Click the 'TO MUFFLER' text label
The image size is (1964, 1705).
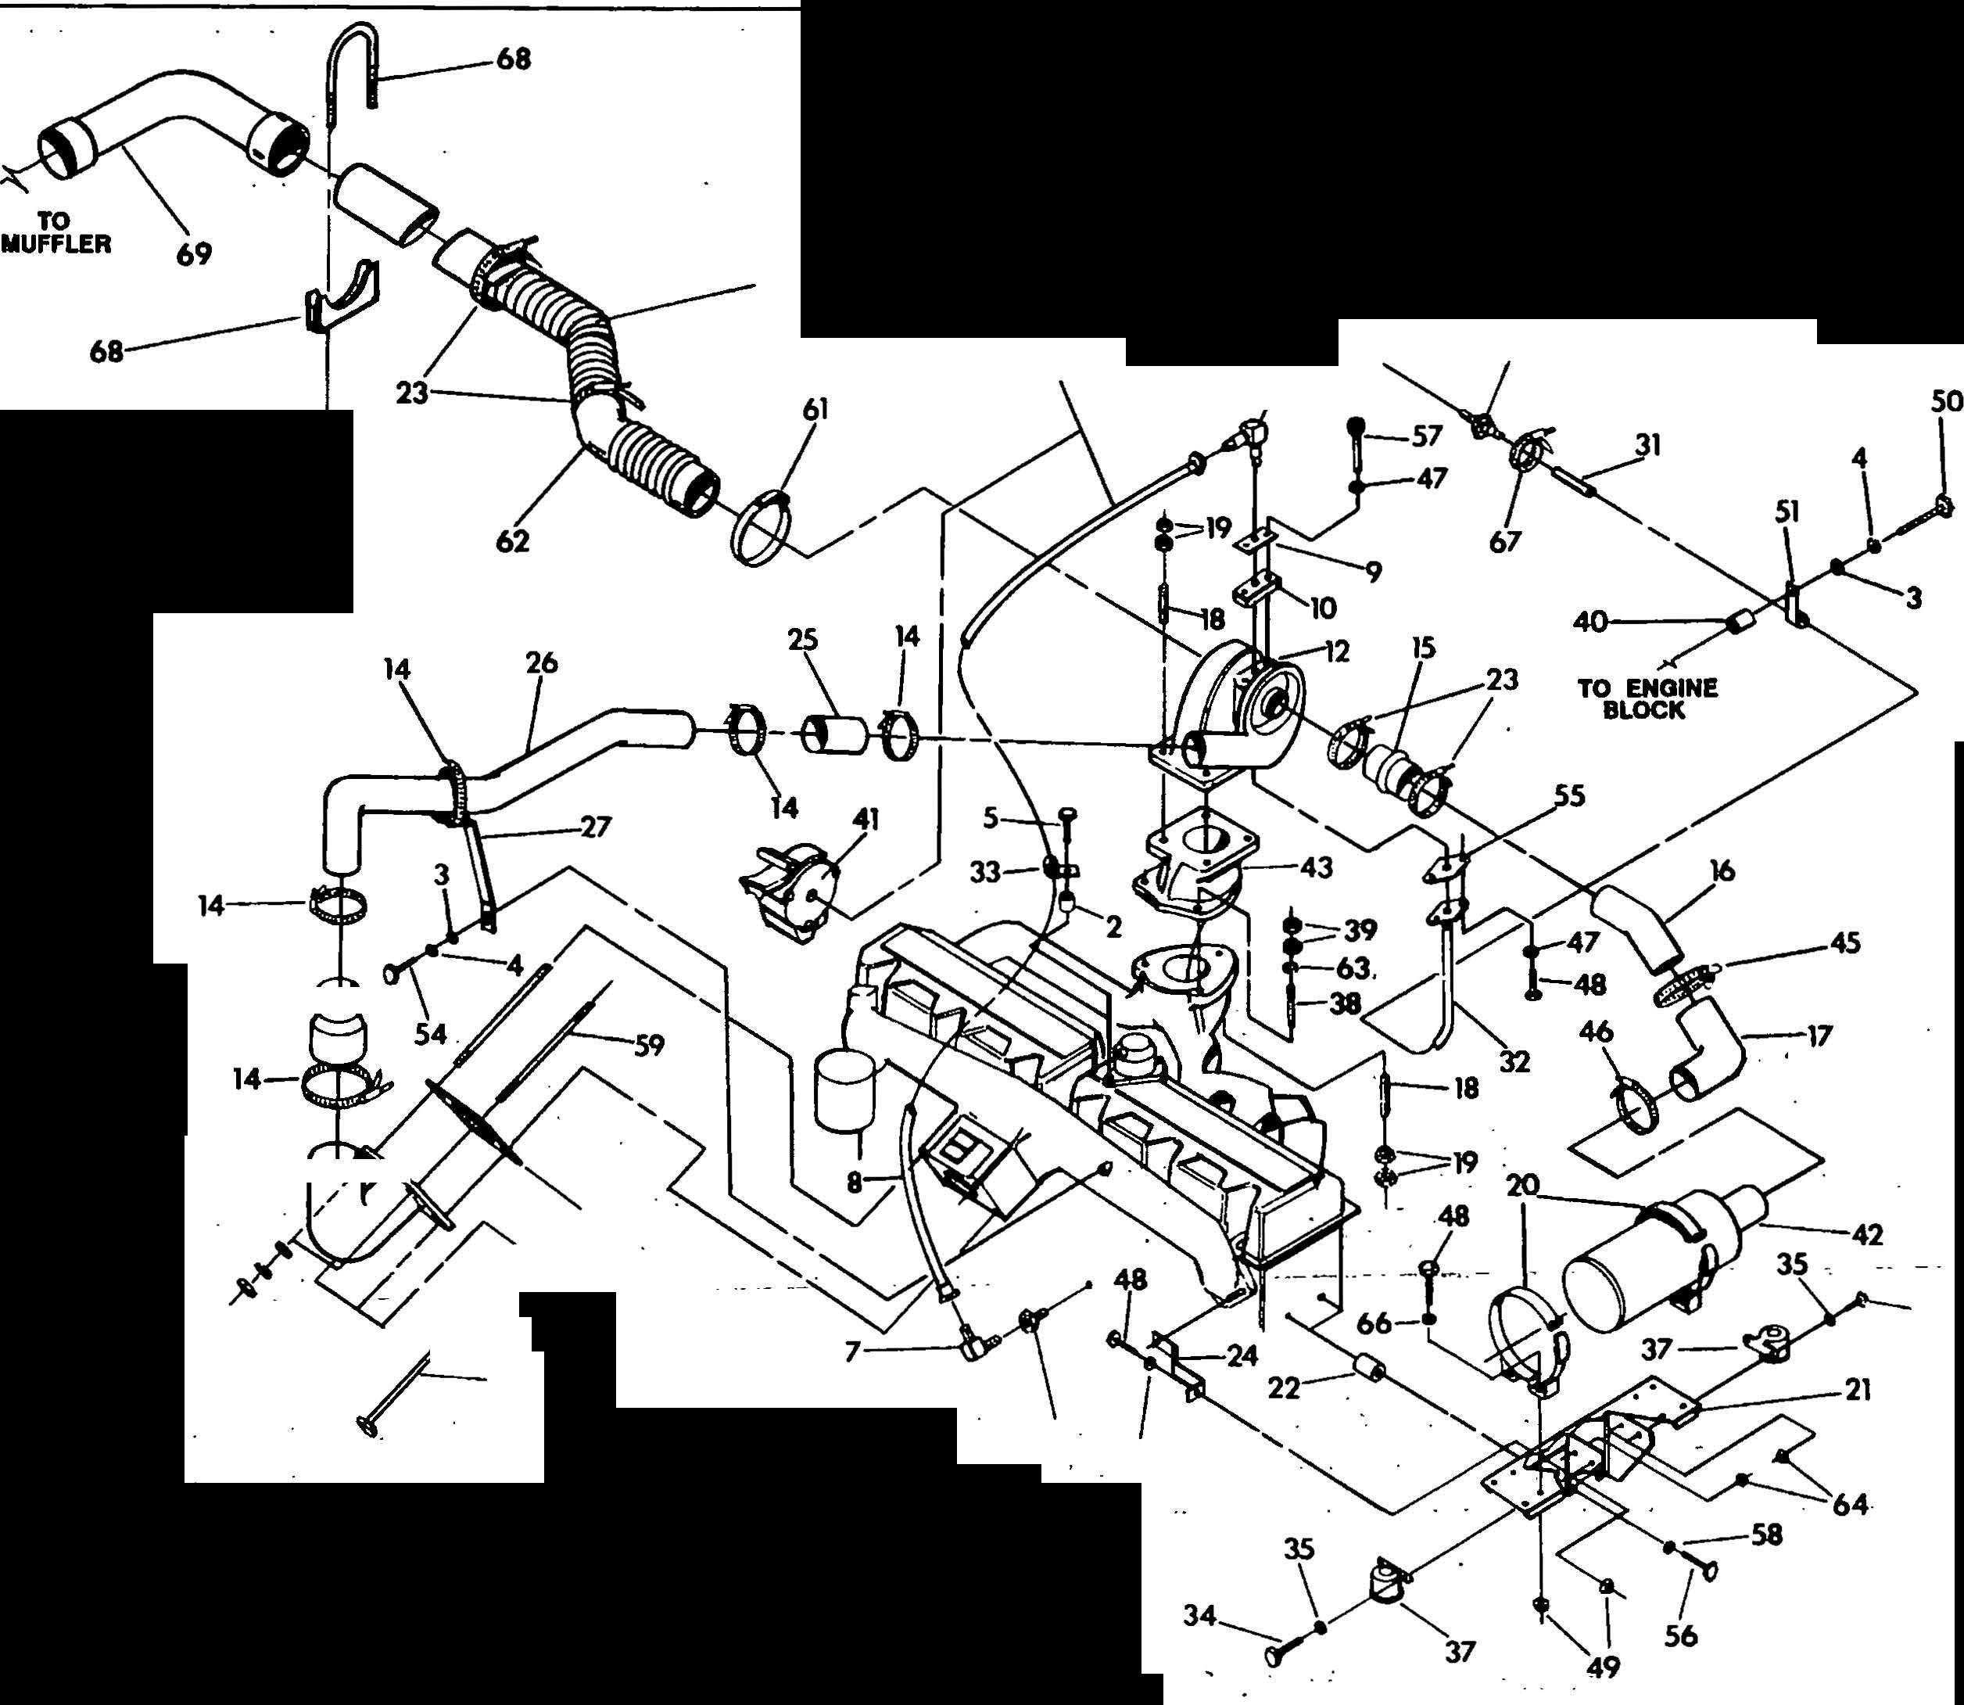[x=56, y=232]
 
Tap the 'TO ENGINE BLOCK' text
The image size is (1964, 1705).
[x=1647, y=698]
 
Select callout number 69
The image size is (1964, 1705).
[x=193, y=254]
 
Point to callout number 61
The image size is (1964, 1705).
[x=815, y=410]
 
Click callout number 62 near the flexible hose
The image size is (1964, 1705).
[x=513, y=540]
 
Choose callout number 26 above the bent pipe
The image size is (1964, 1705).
[x=541, y=662]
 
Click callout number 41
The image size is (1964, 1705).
[x=866, y=819]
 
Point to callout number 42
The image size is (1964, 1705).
[x=1867, y=1235]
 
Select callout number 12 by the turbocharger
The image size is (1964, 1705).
[x=1336, y=653]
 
